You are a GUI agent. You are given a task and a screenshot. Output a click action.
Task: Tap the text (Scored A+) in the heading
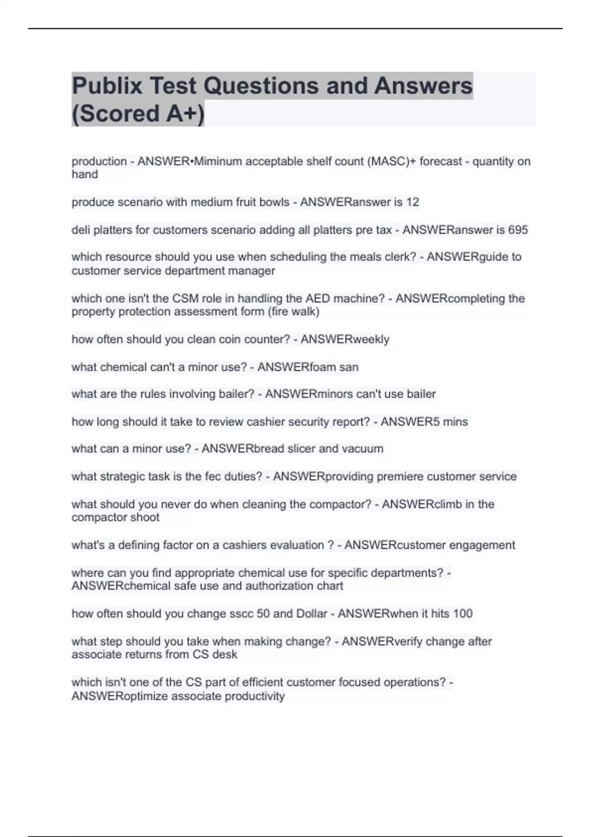coord(138,113)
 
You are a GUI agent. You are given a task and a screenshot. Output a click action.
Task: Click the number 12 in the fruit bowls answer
coord(413,202)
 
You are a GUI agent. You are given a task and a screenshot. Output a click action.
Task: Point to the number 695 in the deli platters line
coord(518,230)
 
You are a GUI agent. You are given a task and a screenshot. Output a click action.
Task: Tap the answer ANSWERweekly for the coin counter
coord(345,339)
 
